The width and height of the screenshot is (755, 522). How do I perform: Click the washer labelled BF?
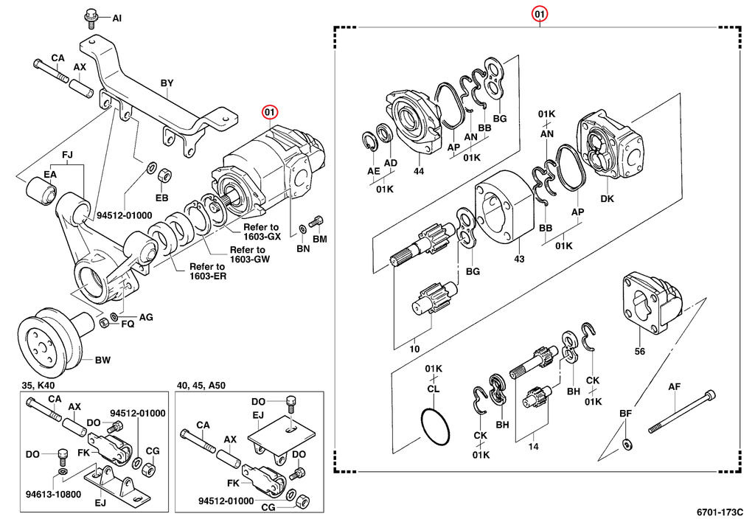pyautogui.click(x=627, y=444)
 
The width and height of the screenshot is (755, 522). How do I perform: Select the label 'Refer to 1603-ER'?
pyautogui.click(x=207, y=271)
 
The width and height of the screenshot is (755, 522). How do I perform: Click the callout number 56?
pyautogui.click(x=639, y=352)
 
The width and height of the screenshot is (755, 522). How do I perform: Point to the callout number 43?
pyautogui.click(x=519, y=259)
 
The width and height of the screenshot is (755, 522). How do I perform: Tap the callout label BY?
pyautogui.click(x=167, y=83)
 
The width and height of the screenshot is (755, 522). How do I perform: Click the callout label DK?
pyautogui.click(x=607, y=198)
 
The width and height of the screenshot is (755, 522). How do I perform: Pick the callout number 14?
pyautogui.click(x=533, y=446)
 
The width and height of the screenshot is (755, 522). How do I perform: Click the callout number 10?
pyautogui.click(x=414, y=349)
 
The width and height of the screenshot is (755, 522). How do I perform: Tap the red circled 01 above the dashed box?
pyautogui.click(x=540, y=14)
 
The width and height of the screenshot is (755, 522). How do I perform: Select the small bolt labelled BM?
pyautogui.click(x=318, y=220)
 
